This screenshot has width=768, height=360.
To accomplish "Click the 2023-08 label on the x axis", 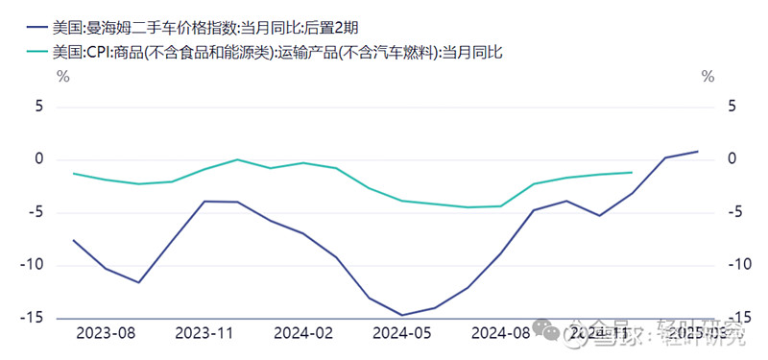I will tap(106, 334).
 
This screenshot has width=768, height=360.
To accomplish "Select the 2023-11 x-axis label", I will tap(204, 334).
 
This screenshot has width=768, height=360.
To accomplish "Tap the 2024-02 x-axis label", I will tap(303, 334).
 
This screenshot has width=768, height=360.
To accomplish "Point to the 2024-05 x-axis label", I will tap(402, 334).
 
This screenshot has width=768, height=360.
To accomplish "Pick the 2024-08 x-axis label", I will tap(501, 334).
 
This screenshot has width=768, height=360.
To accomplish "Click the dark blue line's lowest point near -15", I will tap(401, 315).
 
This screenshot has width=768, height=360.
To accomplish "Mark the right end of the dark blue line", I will tap(697, 152).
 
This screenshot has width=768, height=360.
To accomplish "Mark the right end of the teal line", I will tap(632, 173).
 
